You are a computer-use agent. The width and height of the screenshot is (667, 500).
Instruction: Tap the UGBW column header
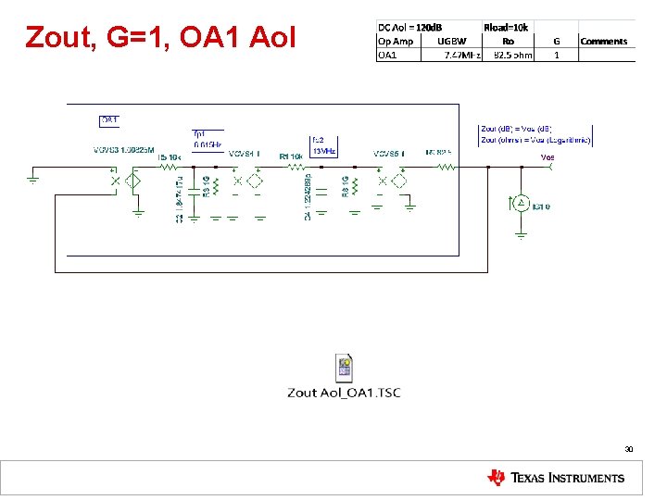click(453, 42)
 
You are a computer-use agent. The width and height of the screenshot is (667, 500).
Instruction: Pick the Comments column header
click(603, 42)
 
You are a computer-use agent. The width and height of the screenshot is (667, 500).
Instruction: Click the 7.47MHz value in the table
click(462, 55)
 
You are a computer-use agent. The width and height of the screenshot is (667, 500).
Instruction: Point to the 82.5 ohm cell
click(512, 55)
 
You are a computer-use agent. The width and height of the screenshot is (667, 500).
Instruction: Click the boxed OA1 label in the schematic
click(109, 120)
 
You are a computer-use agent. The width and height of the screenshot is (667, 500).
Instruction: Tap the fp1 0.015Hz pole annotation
click(206, 139)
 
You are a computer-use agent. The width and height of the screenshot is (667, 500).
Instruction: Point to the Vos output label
click(548, 158)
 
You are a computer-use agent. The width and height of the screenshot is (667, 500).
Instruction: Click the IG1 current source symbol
click(521, 203)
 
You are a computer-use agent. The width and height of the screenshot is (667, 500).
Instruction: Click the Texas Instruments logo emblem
click(497, 478)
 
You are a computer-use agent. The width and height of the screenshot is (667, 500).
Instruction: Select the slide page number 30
click(628, 449)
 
